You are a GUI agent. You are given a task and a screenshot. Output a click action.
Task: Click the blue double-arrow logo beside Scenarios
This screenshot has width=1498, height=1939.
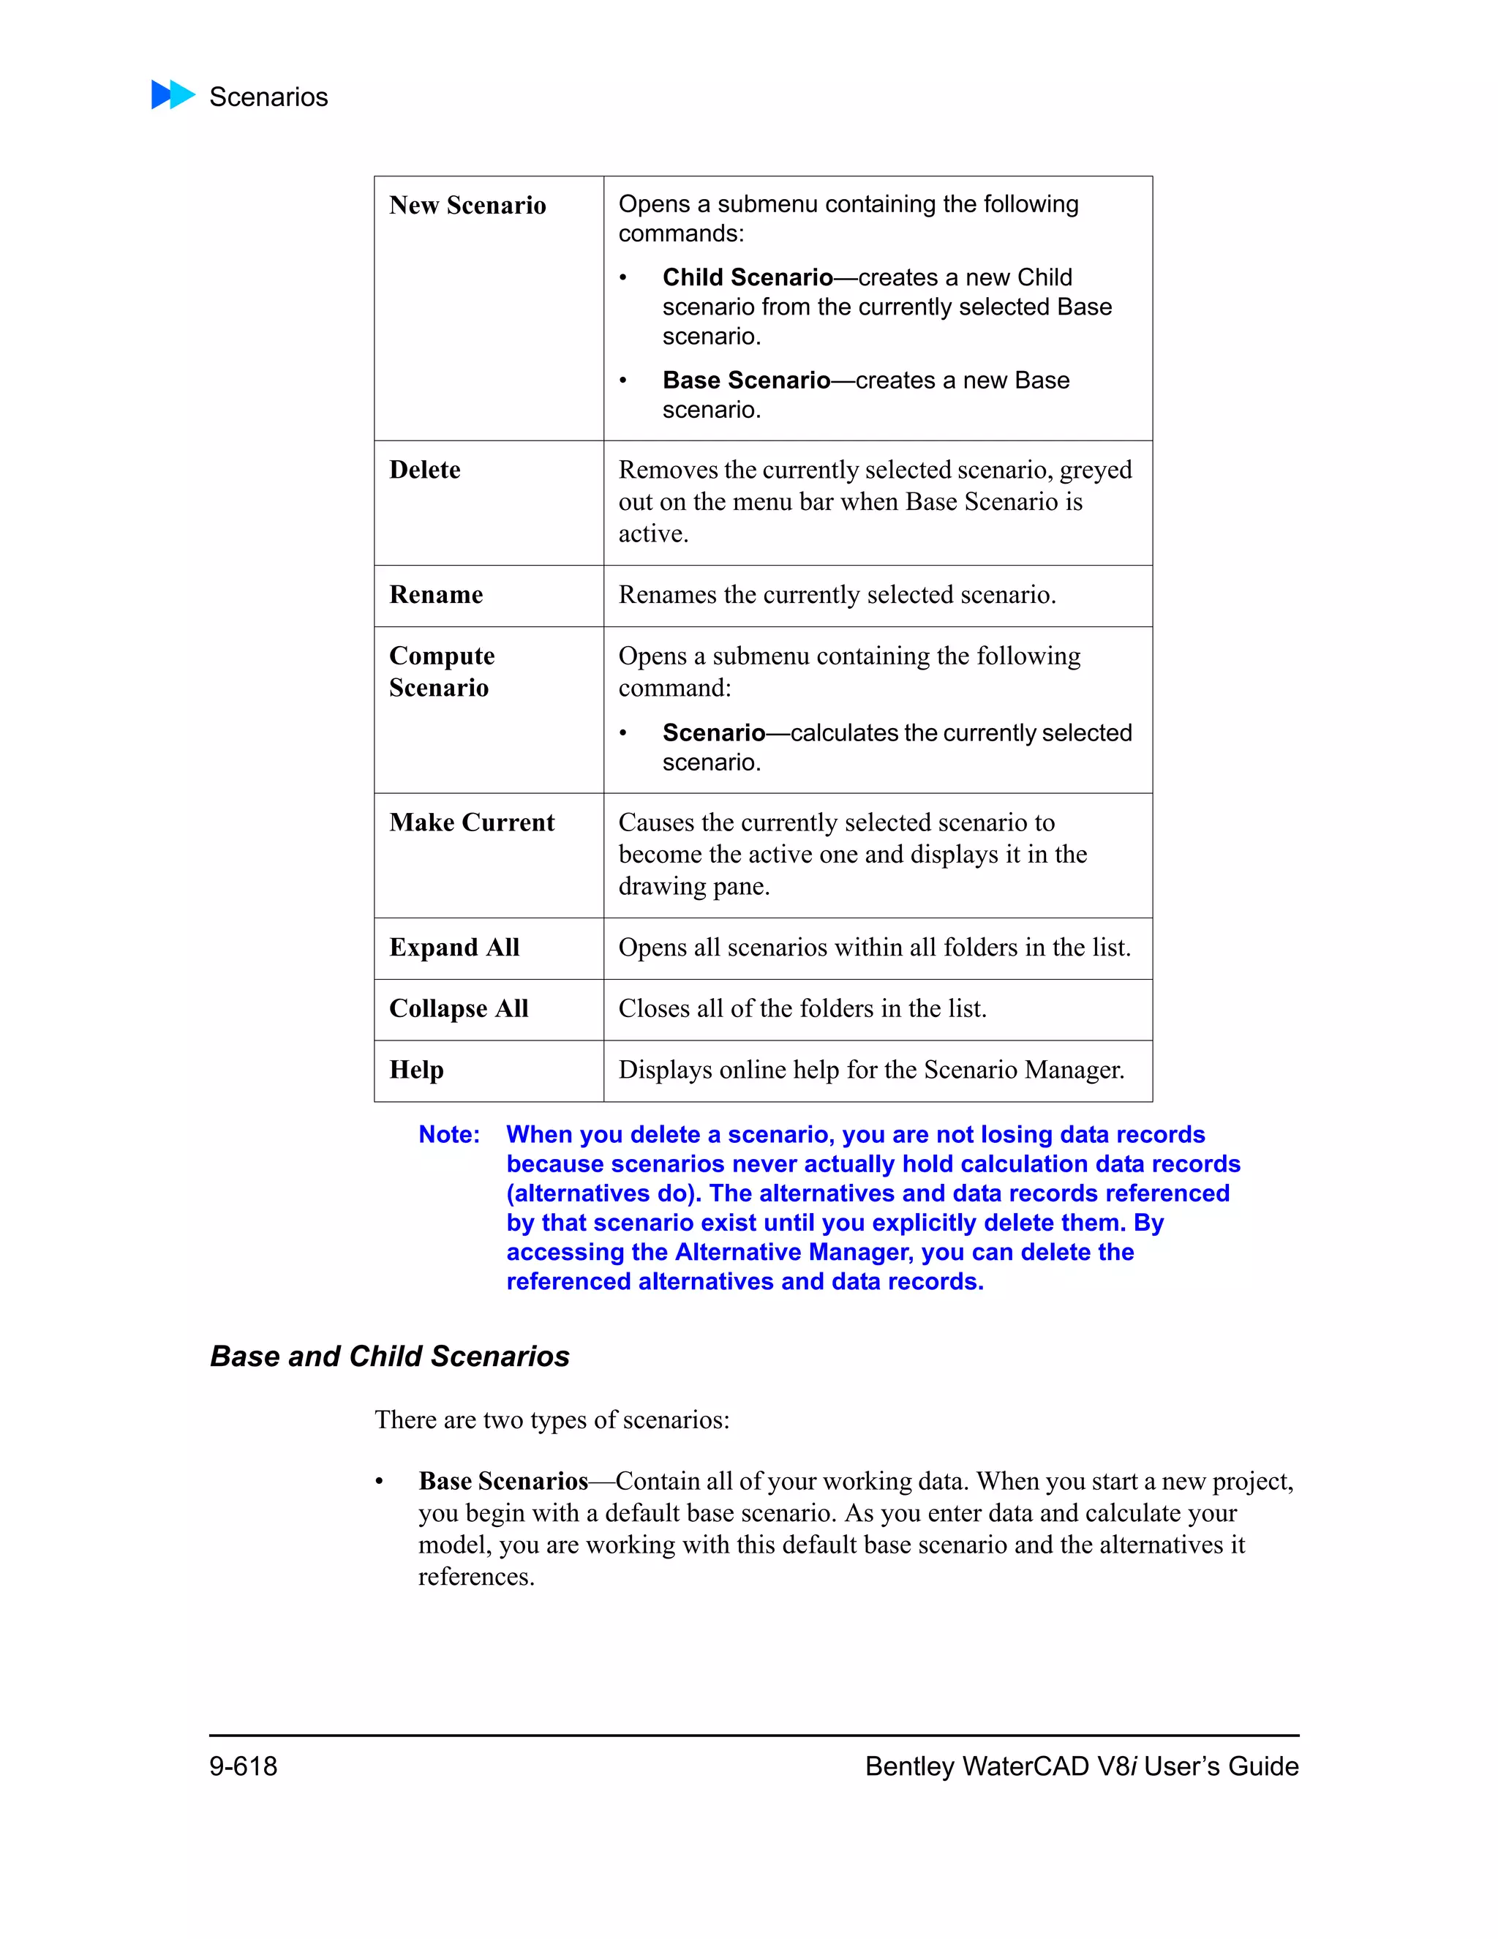tap(173, 95)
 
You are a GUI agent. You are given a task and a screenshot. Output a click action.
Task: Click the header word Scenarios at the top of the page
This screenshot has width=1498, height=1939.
tap(268, 97)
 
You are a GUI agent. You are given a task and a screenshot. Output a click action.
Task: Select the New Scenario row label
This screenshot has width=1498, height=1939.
tap(467, 205)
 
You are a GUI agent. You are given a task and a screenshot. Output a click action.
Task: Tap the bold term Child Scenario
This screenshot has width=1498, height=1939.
tap(748, 277)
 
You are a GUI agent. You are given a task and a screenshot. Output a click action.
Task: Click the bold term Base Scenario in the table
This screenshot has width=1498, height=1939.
tap(745, 380)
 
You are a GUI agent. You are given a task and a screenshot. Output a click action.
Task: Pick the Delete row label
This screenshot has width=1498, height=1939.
tap(424, 470)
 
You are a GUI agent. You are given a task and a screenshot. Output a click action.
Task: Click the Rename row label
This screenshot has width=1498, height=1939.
tap(436, 594)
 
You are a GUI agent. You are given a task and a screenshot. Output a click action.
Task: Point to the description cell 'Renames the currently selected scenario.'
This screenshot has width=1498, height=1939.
tap(836, 594)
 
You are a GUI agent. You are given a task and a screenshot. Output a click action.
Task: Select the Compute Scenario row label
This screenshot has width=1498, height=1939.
tap(441, 671)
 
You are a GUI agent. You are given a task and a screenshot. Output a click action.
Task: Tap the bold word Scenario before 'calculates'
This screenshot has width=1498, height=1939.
tap(712, 732)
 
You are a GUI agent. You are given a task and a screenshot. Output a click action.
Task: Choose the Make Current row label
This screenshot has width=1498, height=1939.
tap(471, 822)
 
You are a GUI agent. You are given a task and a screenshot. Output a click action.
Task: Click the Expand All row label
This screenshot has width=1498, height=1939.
tap(453, 948)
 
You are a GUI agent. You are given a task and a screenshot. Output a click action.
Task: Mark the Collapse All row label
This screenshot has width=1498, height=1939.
tap(458, 1008)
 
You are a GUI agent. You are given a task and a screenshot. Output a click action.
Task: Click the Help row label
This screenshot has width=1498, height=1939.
tap(416, 1070)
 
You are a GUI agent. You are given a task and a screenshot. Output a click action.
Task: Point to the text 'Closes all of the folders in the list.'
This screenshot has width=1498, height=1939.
tap(802, 1008)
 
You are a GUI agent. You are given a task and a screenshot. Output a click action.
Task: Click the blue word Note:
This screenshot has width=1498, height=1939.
tap(449, 1135)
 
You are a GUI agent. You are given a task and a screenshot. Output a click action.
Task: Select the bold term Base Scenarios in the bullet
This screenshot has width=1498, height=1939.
tap(503, 1481)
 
